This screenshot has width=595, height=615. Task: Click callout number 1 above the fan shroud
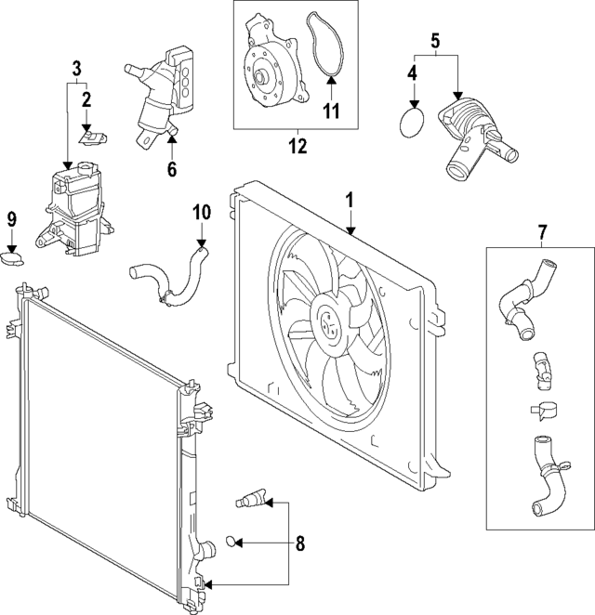pos(350,200)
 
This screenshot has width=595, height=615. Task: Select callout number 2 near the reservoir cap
pos(86,98)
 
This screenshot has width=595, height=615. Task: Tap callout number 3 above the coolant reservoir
pos(77,68)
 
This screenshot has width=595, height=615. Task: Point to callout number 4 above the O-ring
pos(412,71)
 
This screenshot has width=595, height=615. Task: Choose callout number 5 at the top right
pos(434,41)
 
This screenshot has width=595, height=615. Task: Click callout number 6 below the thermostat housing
pos(171,169)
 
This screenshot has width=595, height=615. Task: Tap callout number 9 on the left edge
pos(12,219)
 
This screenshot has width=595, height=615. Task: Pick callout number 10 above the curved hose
pos(202,212)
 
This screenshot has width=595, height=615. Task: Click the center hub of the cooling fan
pos(329,323)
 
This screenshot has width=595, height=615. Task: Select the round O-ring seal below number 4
pos(411,124)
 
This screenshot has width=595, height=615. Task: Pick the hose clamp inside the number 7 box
pos(541,410)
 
